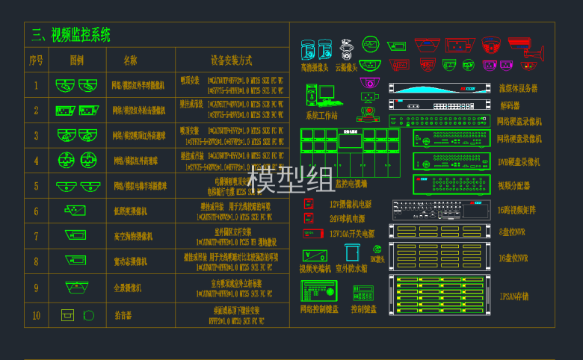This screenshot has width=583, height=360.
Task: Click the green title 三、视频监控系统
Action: click(x=70, y=34)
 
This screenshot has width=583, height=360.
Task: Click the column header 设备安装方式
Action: click(x=231, y=60)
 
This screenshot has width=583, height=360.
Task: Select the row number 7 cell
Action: click(x=36, y=237)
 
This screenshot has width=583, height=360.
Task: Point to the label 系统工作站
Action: click(x=321, y=116)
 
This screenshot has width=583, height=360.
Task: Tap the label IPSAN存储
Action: click(x=514, y=297)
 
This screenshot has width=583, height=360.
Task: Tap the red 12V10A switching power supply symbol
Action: click(x=308, y=233)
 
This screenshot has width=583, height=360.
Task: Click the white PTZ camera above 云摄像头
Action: click(x=346, y=50)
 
